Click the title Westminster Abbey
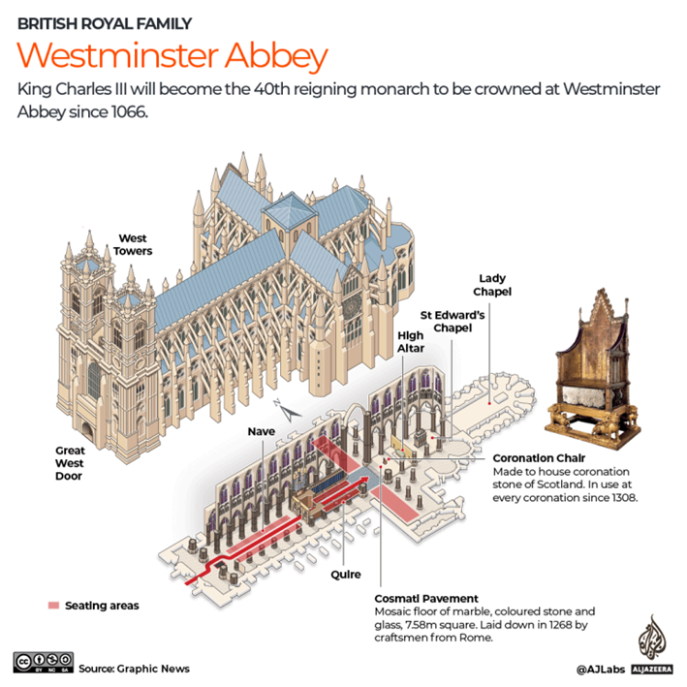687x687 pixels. coord(172,55)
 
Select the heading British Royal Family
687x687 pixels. coord(105,23)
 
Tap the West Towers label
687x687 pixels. coord(134,244)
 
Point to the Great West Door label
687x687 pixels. coord(70,463)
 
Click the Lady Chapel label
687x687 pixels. coord(492,285)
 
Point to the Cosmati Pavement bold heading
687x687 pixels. coord(428,599)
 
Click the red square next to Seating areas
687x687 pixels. coord(53,606)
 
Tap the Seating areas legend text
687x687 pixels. coord(102,606)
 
